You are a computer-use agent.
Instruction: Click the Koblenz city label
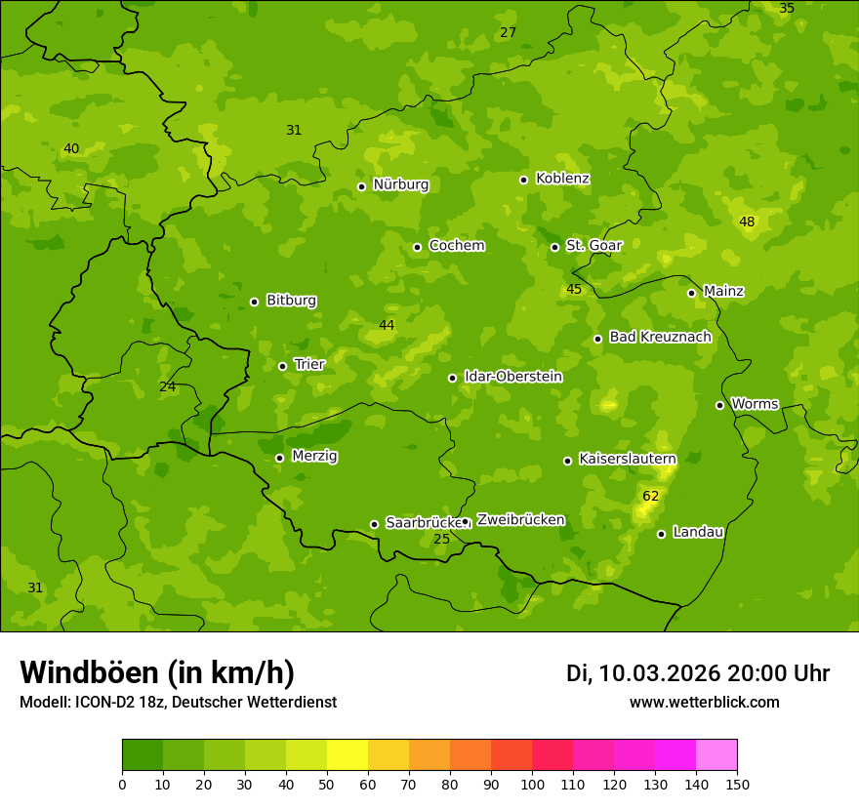pyautogui.click(x=562, y=179)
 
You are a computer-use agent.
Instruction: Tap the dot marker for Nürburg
pyautogui.click(x=361, y=186)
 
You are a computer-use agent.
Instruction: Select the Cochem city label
pyautogui.click(x=456, y=246)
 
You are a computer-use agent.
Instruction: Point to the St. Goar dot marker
pyautogui.click(x=554, y=247)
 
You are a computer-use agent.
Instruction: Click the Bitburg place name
pyautogui.click(x=291, y=301)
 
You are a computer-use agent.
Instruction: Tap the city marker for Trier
pyautogui.click(x=282, y=367)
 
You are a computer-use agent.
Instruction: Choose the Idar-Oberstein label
pyautogui.click(x=512, y=377)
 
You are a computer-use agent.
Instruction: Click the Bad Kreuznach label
pyautogui.click(x=660, y=337)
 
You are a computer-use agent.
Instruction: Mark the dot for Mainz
pyautogui.click(x=691, y=293)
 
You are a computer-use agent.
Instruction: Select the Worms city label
pyautogui.click(x=755, y=404)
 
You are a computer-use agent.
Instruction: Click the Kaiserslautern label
pyautogui.click(x=627, y=459)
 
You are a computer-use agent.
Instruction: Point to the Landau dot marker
pyautogui.click(x=661, y=534)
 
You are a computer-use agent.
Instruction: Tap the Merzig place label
pyautogui.click(x=314, y=456)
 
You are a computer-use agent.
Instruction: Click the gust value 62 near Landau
pyautogui.click(x=650, y=497)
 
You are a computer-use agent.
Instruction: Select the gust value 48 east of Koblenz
pyautogui.click(x=747, y=223)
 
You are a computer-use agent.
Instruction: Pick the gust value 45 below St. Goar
pyautogui.click(x=574, y=290)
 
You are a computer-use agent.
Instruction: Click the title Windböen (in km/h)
pyautogui.click(x=156, y=672)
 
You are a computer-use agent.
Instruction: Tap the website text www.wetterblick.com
pyautogui.click(x=704, y=702)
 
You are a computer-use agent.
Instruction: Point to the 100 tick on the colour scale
pyautogui.click(x=532, y=783)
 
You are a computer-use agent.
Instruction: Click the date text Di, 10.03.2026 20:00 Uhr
pyautogui.click(x=697, y=673)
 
